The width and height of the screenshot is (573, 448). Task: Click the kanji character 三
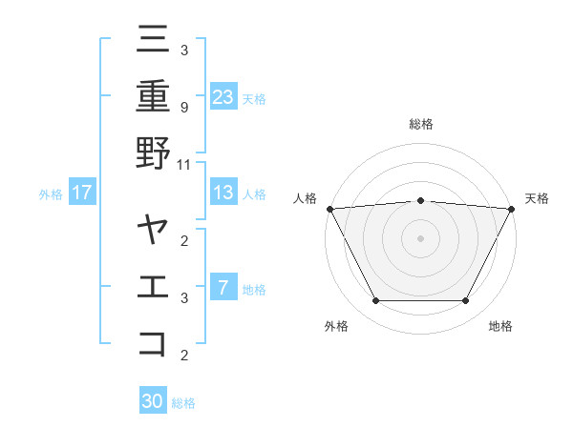[153, 39]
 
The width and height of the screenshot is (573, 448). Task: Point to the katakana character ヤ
[153, 230]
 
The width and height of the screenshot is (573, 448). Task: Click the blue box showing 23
[223, 96]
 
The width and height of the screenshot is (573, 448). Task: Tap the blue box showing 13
[223, 193]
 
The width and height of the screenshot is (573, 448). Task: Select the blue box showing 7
[223, 288]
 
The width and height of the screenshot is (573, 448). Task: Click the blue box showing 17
[82, 193]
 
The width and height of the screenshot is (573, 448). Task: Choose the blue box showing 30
[153, 401]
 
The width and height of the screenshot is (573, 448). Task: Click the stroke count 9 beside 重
[184, 108]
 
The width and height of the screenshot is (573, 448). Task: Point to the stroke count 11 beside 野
[184, 164]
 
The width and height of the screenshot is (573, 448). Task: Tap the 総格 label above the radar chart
[421, 124]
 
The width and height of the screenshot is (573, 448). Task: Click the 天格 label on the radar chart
[537, 198]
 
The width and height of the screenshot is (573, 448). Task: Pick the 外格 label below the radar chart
[336, 326]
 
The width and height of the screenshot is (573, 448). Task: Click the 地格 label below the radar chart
[500, 326]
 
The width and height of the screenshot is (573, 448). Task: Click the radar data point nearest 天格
[512, 208]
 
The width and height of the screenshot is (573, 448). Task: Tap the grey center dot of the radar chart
[421, 237]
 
